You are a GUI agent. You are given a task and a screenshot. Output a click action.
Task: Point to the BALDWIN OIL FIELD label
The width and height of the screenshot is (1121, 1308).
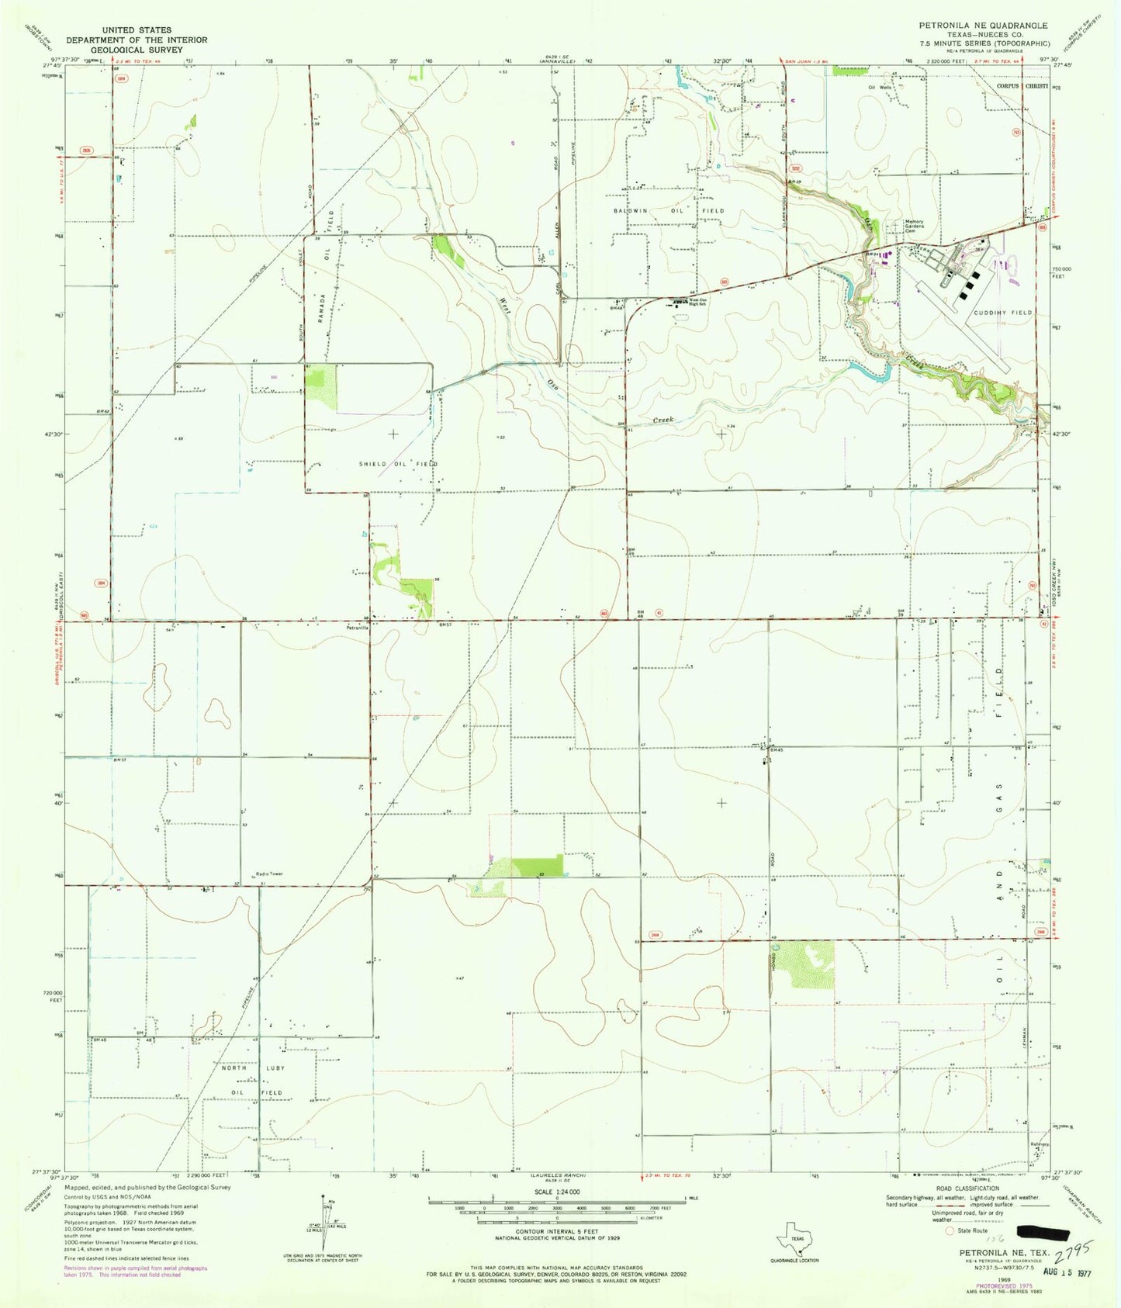click(669, 211)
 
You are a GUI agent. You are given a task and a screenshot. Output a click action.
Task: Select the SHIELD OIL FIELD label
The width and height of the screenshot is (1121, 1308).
click(398, 463)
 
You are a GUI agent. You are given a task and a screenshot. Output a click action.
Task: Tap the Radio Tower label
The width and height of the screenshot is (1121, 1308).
click(269, 874)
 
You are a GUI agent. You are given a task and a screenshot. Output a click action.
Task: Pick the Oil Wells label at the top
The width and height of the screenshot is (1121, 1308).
click(881, 88)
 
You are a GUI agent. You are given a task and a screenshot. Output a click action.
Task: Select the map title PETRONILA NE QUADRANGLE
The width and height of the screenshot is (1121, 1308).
click(983, 26)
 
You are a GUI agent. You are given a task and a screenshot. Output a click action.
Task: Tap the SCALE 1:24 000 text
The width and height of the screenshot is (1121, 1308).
click(557, 1192)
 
